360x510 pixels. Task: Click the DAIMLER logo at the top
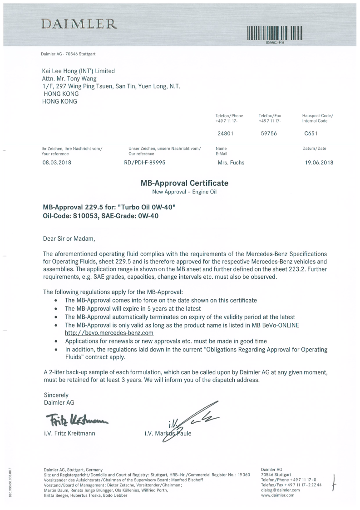pyautogui.click(x=79, y=24)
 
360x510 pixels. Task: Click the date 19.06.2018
pyautogui.click(x=320, y=162)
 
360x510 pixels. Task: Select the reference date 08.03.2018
pyautogui.click(x=56, y=162)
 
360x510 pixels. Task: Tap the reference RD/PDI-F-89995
pyautogui.click(x=144, y=162)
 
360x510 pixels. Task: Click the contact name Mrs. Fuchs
pyautogui.click(x=231, y=162)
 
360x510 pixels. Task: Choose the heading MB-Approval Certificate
pyautogui.click(x=184, y=183)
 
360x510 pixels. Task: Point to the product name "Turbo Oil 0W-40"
pyautogui.click(x=148, y=207)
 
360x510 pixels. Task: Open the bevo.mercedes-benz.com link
pyautogui.click(x=103, y=333)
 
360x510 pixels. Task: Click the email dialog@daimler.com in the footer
pyautogui.click(x=281, y=490)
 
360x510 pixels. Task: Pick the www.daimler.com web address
pyautogui.click(x=278, y=495)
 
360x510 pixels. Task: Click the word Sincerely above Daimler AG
pyautogui.click(x=56, y=395)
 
